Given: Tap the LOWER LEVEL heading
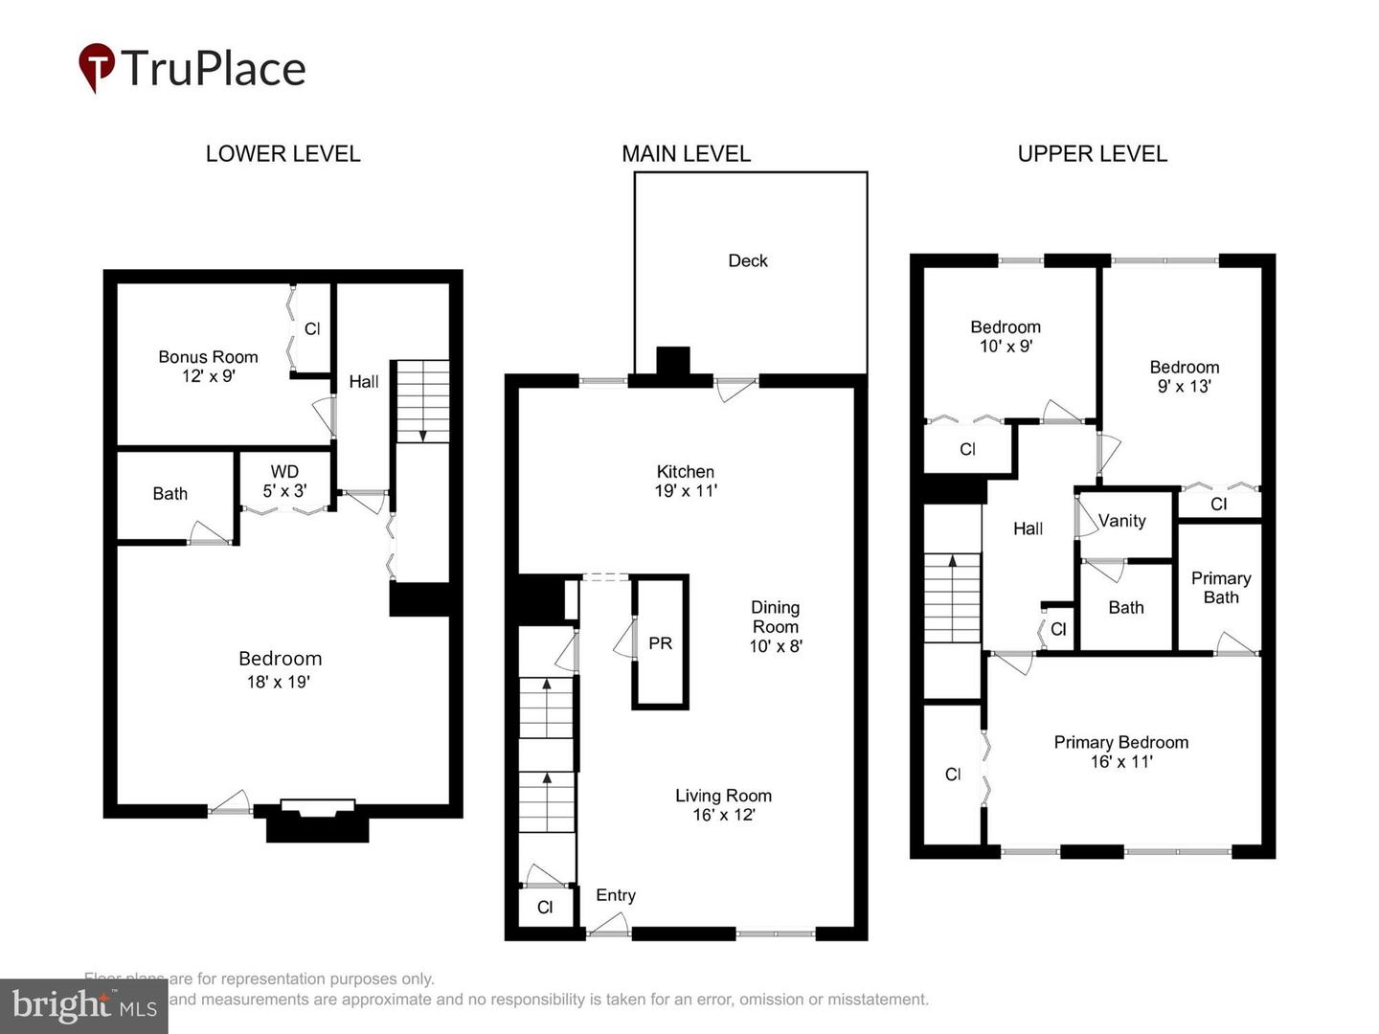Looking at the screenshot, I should [x=283, y=154].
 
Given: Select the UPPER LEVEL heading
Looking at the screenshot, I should [x=1092, y=154].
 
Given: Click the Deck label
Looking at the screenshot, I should [x=748, y=260].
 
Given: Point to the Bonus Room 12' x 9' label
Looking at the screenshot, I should [x=208, y=367].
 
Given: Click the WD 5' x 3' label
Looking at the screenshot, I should [x=284, y=481].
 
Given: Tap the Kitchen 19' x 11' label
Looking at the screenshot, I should [x=686, y=481].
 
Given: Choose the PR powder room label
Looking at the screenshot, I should [x=660, y=643].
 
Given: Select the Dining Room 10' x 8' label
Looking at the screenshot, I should [x=775, y=626].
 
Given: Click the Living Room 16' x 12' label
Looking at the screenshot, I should [x=723, y=804].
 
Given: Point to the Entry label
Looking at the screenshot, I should [x=616, y=895].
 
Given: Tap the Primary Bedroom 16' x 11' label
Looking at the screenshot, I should [x=1120, y=752].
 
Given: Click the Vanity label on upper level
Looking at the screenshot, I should [x=1121, y=521].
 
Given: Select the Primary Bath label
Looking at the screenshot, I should [x=1220, y=587].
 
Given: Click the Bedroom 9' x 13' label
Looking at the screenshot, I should [x=1184, y=376].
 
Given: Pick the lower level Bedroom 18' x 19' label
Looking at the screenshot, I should [x=279, y=668].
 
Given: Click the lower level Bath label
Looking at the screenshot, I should [x=170, y=494].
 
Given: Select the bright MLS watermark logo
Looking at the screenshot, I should [x=84, y=1005].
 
